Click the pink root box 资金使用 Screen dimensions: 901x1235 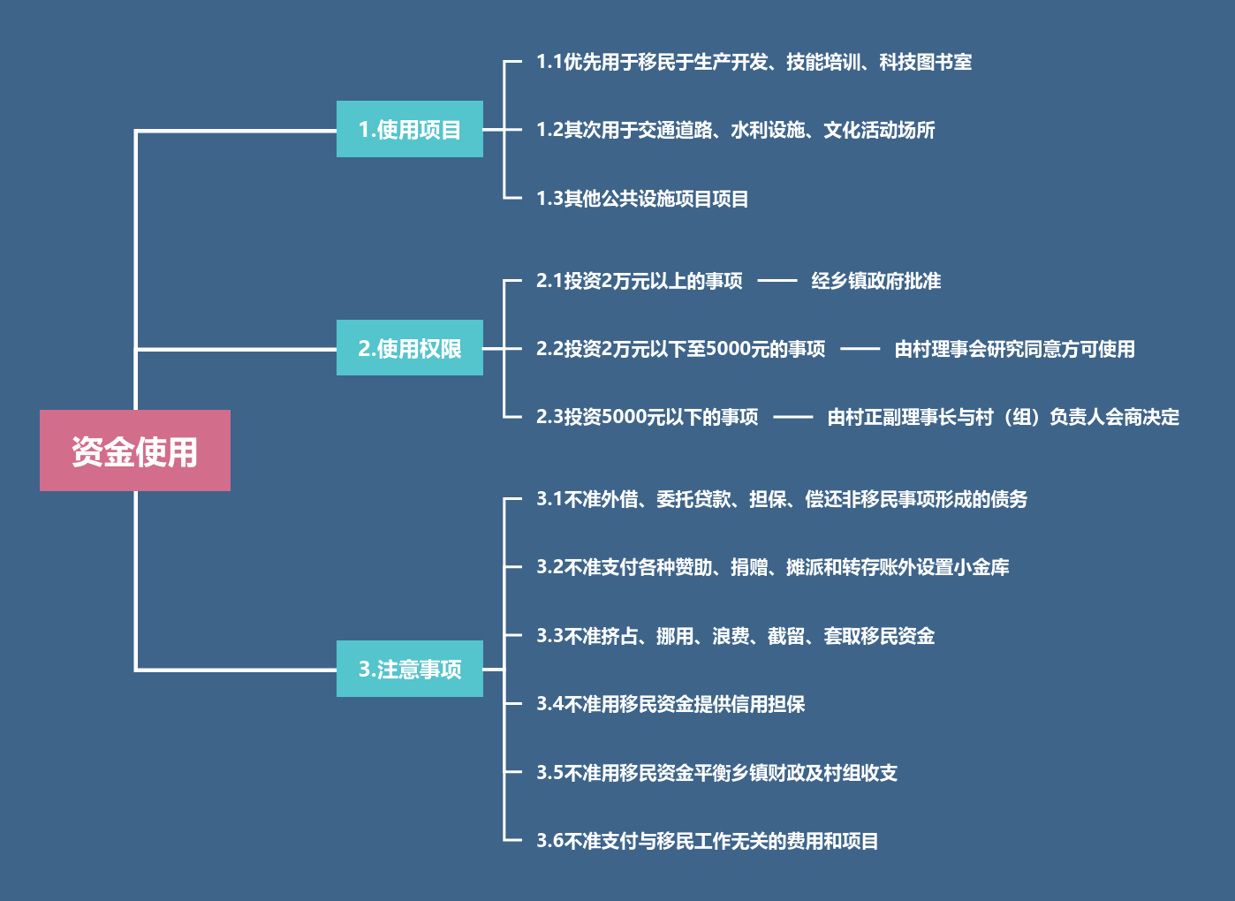(x=134, y=450)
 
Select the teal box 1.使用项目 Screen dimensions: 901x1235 (x=409, y=129)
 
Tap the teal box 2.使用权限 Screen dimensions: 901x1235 (x=409, y=348)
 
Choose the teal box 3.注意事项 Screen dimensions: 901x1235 (x=409, y=669)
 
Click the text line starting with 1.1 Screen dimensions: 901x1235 (x=754, y=62)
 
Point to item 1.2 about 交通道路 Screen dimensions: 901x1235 (x=735, y=130)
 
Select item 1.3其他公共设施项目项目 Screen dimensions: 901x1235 (x=642, y=199)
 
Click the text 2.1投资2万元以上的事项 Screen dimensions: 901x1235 (x=639, y=281)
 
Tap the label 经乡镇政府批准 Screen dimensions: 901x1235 (x=875, y=281)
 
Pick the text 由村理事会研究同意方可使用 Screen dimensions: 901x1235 (x=1014, y=349)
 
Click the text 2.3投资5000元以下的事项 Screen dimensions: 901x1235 (x=647, y=417)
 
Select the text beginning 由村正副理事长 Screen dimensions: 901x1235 (x=1003, y=417)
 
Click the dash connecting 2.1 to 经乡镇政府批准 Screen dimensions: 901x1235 (x=777, y=281)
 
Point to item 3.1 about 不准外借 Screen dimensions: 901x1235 (x=782, y=499)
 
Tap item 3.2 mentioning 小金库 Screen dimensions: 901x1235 (x=772, y=567)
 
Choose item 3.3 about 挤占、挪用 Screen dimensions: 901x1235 (x=735, y=636)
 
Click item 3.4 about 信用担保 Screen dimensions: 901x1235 (x=671, y=704)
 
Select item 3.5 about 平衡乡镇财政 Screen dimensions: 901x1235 (x=716, y=773)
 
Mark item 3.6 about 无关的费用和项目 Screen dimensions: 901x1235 (x=707, y=841)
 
